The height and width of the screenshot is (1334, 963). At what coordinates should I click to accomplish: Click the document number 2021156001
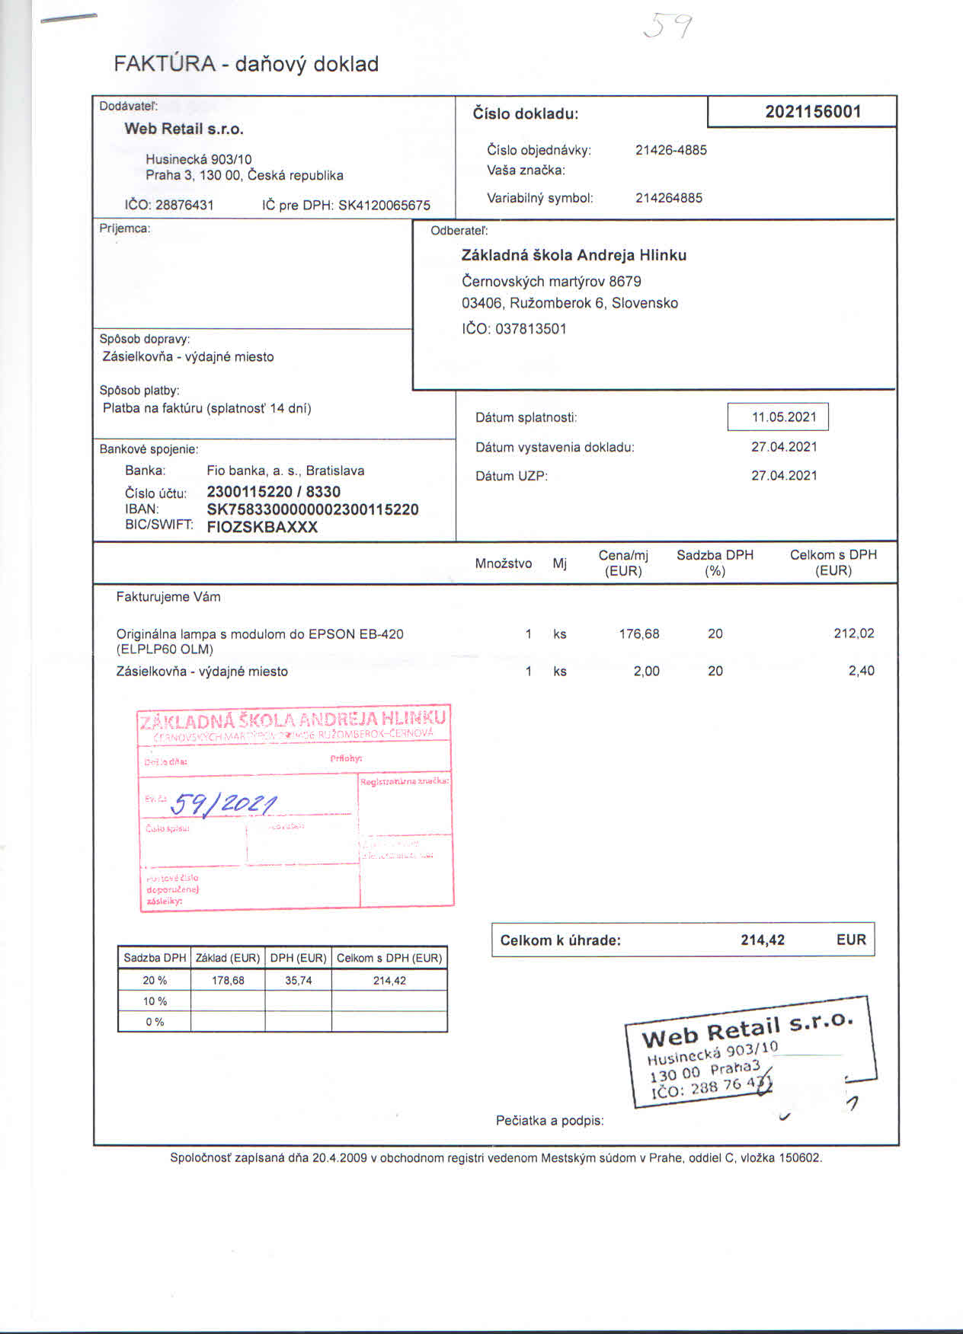coord(813,112)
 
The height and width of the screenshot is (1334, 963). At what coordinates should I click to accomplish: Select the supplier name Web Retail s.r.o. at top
coord(184,129)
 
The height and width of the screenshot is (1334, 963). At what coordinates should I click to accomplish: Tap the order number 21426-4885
coord(670,150)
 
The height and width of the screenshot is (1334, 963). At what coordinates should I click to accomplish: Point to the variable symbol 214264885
coord(668,198)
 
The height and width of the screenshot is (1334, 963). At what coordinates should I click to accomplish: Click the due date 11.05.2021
coord(783,417)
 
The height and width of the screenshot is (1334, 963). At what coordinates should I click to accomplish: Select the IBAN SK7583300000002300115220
coord(312,509)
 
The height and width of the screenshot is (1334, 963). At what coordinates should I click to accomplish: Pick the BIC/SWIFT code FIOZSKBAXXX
coord(262,527)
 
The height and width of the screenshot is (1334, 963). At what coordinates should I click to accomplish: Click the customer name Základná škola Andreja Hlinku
coord(574,255)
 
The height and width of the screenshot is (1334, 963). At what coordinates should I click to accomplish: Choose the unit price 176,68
coord(638,633)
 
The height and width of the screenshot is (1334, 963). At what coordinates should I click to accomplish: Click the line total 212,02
coord(853,633)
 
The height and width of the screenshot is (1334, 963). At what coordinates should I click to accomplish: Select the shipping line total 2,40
coord(861,671)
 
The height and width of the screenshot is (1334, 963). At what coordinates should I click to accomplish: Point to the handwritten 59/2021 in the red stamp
coord(224,803)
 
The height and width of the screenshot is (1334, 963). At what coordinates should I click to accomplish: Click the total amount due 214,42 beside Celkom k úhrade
coord(762,940)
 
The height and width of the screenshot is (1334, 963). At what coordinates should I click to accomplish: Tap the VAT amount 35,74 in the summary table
coord(298,981)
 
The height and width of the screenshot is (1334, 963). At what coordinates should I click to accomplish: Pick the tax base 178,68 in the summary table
coord(228,981)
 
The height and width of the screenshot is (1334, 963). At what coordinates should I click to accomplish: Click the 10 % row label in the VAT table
coord(155,1001)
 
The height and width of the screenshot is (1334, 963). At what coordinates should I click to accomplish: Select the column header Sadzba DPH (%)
coord(715,563)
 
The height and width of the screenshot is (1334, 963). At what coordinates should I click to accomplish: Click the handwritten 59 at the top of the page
coord(668,27)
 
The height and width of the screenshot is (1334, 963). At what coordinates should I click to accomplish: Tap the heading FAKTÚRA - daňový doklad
coord(246,64)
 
